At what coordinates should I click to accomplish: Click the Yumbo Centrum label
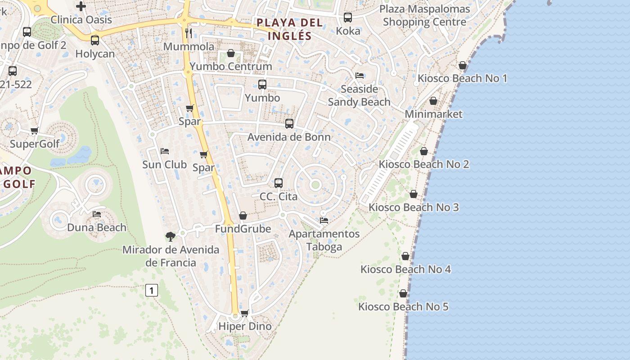(231, 67)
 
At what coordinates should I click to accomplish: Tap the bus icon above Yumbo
(262, 84)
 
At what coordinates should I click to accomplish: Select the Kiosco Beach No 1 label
(462, 78)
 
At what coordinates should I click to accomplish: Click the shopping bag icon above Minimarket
(433, 101)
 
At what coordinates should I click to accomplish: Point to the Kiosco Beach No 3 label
(414, 207)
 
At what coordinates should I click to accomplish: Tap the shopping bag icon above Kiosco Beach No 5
(403, 293)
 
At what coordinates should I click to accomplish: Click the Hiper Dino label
(245, 326)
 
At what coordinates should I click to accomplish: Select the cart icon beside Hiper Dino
(244, 313)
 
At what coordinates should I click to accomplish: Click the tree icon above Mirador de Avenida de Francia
(170, 236)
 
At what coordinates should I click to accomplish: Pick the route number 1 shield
(152, 290)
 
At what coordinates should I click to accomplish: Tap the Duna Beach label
(97, 227)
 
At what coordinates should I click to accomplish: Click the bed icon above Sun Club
(165, 151)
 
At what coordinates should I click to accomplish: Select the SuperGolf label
(35, 144)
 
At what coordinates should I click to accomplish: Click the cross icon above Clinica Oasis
(81, 6)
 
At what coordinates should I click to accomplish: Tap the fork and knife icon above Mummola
(189, 33)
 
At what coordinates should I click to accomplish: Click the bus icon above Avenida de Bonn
(289, 123)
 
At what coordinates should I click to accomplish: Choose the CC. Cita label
(279, 197)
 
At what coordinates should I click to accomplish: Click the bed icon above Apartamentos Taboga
(324, 220)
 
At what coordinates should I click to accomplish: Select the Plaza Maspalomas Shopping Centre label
(425, 15)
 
